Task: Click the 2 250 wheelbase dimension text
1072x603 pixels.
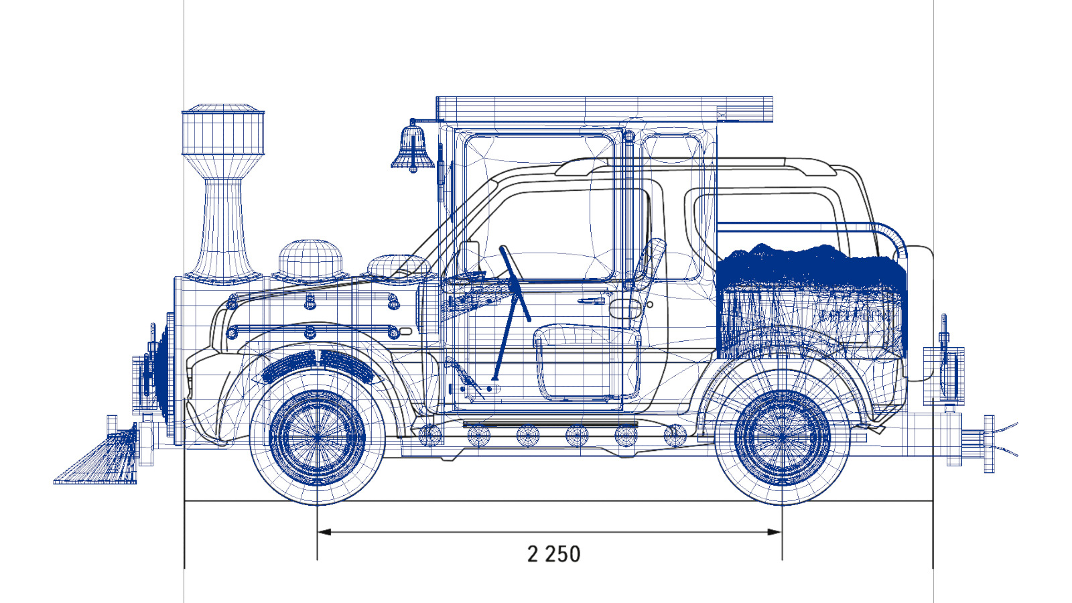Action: tap(553, 554)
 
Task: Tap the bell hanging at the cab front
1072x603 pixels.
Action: tap(413, 146)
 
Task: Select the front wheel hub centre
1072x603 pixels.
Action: tap(318, 438)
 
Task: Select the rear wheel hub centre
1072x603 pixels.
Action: tap(782, 438)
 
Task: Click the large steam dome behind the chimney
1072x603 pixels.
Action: tap(310, 261)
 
